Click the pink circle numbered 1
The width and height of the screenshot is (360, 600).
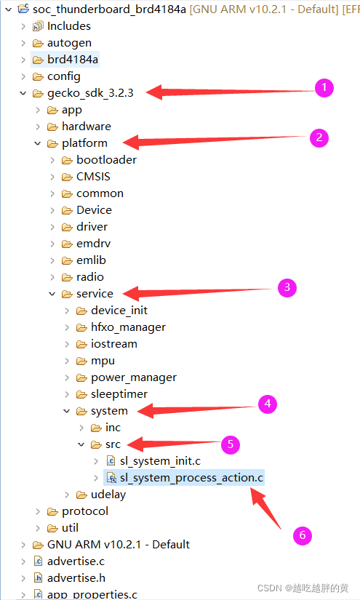pos(324,87)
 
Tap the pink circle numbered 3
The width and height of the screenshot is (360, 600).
pos(287,288)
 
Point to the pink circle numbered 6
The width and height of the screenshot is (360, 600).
pos(303,535)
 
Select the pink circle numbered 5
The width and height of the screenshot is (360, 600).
pos(231,444)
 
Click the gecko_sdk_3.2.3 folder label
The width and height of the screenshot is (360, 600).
pos(90,93)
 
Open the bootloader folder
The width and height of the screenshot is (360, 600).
pos(106,159)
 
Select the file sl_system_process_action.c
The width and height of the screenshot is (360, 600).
pos(192,478)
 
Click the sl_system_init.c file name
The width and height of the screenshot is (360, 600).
pos(160,461)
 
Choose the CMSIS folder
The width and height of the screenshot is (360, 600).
pos(93,177)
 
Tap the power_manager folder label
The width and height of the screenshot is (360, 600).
pos(134,377)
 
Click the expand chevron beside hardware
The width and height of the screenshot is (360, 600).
pos(38,127)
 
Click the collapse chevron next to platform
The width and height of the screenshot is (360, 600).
pos(38,143)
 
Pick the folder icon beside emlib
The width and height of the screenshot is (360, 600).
pos(67,260)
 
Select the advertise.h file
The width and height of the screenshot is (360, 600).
pos(76,577)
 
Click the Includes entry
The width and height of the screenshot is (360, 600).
pos(69,26)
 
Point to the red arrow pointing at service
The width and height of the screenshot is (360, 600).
pos(197,292)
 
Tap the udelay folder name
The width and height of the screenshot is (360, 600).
pos(108,495)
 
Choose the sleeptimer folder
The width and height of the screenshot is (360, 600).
pos(119,394)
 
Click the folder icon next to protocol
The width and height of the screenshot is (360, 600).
pos(52,511)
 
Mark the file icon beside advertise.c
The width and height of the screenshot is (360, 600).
pos(38,561)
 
